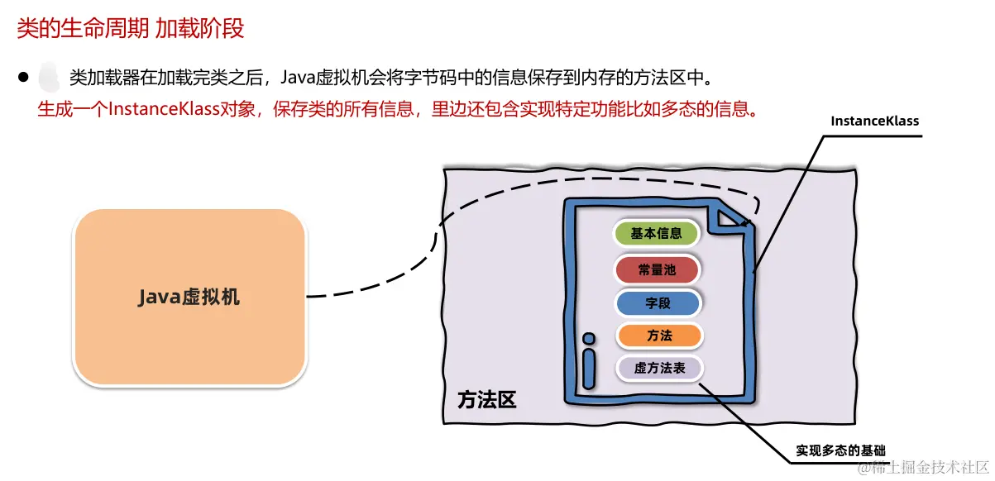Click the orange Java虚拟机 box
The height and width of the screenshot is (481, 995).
pos(189,297)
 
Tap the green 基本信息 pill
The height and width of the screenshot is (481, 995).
pos(657,233)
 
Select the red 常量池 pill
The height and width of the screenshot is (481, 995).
pos(657,269)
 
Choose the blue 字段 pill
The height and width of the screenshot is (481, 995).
pos(658,303)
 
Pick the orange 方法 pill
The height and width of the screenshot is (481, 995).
pos(659,336)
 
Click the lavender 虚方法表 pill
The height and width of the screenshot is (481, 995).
pos(659,368)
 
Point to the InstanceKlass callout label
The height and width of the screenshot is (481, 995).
pos(874,121)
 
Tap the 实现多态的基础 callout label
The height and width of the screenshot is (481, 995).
pos(840,450)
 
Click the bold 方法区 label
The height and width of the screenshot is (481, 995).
pos(486,400)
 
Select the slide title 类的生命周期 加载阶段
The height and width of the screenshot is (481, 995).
pos(131,28)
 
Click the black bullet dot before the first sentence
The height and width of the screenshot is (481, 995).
pos(23,78)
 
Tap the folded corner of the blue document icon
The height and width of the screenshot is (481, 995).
pos(732,216)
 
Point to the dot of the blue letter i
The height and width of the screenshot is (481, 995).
pos(588,339)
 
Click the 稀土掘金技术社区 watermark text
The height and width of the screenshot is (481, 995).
pos(930,469)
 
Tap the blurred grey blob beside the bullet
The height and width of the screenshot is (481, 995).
pos(50,78)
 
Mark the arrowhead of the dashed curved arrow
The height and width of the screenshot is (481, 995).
pos(748,221)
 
